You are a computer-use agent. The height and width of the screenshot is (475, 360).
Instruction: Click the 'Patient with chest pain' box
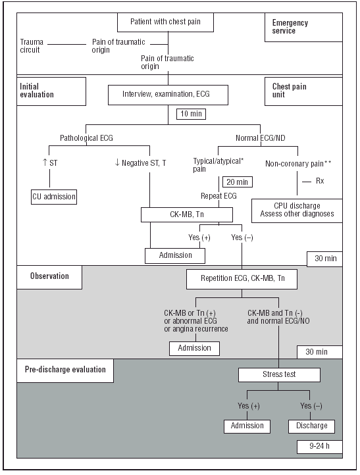click(x=167, y=22)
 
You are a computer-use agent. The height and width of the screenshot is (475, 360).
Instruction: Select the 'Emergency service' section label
click(x=290, y=27)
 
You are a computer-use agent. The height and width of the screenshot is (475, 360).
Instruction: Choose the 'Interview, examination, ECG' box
click(x=168, y=94)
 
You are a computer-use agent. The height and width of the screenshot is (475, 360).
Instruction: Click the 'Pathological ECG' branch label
click(x=86, y=139)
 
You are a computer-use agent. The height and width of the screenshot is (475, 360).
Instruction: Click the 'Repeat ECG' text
click(x=219, y=196)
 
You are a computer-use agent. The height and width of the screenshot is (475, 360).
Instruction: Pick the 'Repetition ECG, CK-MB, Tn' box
click(x=241, y=280)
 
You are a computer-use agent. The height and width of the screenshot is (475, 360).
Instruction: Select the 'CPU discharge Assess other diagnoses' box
click(x=297, y=209)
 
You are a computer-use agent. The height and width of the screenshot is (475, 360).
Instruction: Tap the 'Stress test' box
click(x=279, y=375)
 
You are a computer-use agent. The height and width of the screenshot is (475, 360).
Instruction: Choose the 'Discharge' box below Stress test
click(x=312, y=426)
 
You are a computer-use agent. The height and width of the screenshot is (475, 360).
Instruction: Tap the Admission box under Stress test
click(x=247, y=426)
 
